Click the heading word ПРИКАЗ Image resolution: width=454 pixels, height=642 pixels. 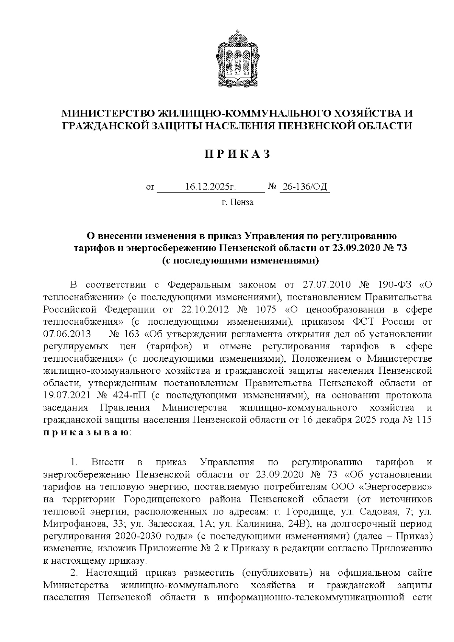(237, 154)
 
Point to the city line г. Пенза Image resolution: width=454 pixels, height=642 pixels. (237, 202)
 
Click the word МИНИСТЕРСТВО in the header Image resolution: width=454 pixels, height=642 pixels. (109, 113)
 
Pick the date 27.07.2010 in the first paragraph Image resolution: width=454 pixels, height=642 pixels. (328, 284)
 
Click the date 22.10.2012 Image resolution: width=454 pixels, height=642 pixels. (203, 309)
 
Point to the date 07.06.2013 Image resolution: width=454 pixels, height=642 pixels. (67, 334)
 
